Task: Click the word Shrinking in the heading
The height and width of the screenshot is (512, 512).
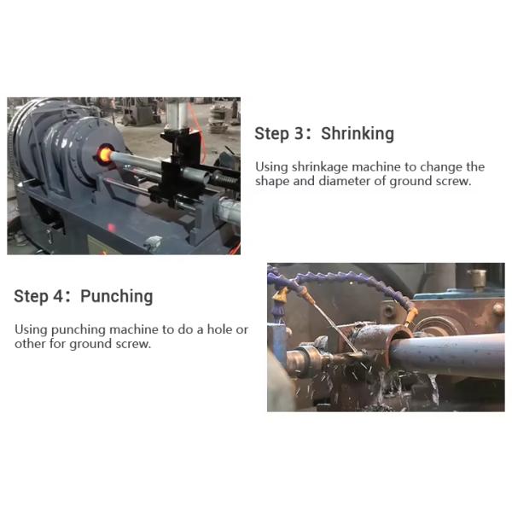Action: click(x=358, y=134)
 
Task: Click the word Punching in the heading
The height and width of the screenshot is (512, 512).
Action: click(x=117, y=296)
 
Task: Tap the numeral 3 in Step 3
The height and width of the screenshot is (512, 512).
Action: click(x=299, y=133)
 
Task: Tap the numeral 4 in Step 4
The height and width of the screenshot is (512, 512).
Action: click(x=58, y=296)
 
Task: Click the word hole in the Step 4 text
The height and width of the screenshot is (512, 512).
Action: click(x=221, y=329)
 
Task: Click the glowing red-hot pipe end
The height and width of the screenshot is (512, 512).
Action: click(x=105, y=153)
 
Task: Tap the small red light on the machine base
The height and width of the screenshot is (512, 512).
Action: click(x=111, y=227)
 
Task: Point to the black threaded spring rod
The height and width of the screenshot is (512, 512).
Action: click(x=225, y=180)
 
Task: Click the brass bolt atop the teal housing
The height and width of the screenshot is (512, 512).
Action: click(x=477, y=279)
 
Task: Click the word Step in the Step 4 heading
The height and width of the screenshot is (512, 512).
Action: click(x=31, y=296)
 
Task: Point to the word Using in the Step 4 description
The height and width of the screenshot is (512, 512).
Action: click(x=32, y=329)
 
